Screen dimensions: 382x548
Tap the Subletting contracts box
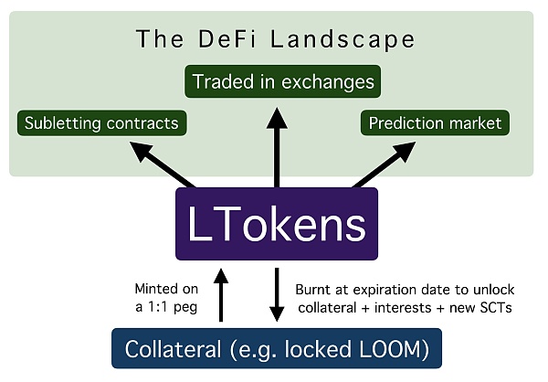[101, 122]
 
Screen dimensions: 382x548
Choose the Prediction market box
[434, 122]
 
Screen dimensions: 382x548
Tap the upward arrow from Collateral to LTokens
[219, 292]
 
